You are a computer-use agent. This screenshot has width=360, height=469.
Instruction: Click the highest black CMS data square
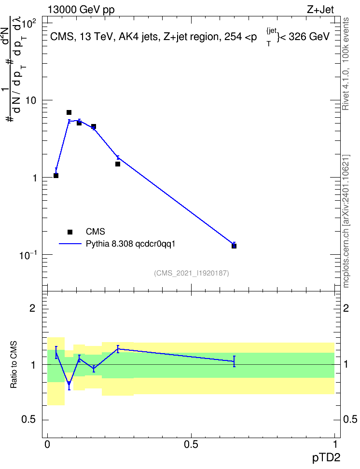(69, 112)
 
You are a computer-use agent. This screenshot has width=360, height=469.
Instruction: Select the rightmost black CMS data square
(234, 246)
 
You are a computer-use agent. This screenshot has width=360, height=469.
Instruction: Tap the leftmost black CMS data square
(56, 176)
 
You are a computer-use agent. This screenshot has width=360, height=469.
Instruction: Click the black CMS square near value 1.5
(118, 164)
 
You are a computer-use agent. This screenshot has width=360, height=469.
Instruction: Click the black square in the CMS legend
(70, 232)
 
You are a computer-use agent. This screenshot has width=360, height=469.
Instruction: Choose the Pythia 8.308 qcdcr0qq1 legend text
(130, 244)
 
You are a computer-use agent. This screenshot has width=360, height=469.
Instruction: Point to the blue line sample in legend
(70, 244)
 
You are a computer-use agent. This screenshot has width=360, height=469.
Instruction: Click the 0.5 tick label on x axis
(191, 444)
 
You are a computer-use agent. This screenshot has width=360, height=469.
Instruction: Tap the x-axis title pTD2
(326, 458)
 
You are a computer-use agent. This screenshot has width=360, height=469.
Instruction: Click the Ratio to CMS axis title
(14, 365)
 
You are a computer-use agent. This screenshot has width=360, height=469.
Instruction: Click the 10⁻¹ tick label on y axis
(28, 255)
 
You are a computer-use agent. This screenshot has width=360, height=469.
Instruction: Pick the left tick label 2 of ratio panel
(32, 308)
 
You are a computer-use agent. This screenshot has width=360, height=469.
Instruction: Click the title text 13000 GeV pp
(81, 10)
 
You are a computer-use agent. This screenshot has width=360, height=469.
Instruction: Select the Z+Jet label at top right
(320, 10)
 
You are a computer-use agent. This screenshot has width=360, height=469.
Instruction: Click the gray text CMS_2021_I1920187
(192, 273)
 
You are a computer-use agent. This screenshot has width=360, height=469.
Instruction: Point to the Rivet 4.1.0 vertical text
(346, 89)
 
